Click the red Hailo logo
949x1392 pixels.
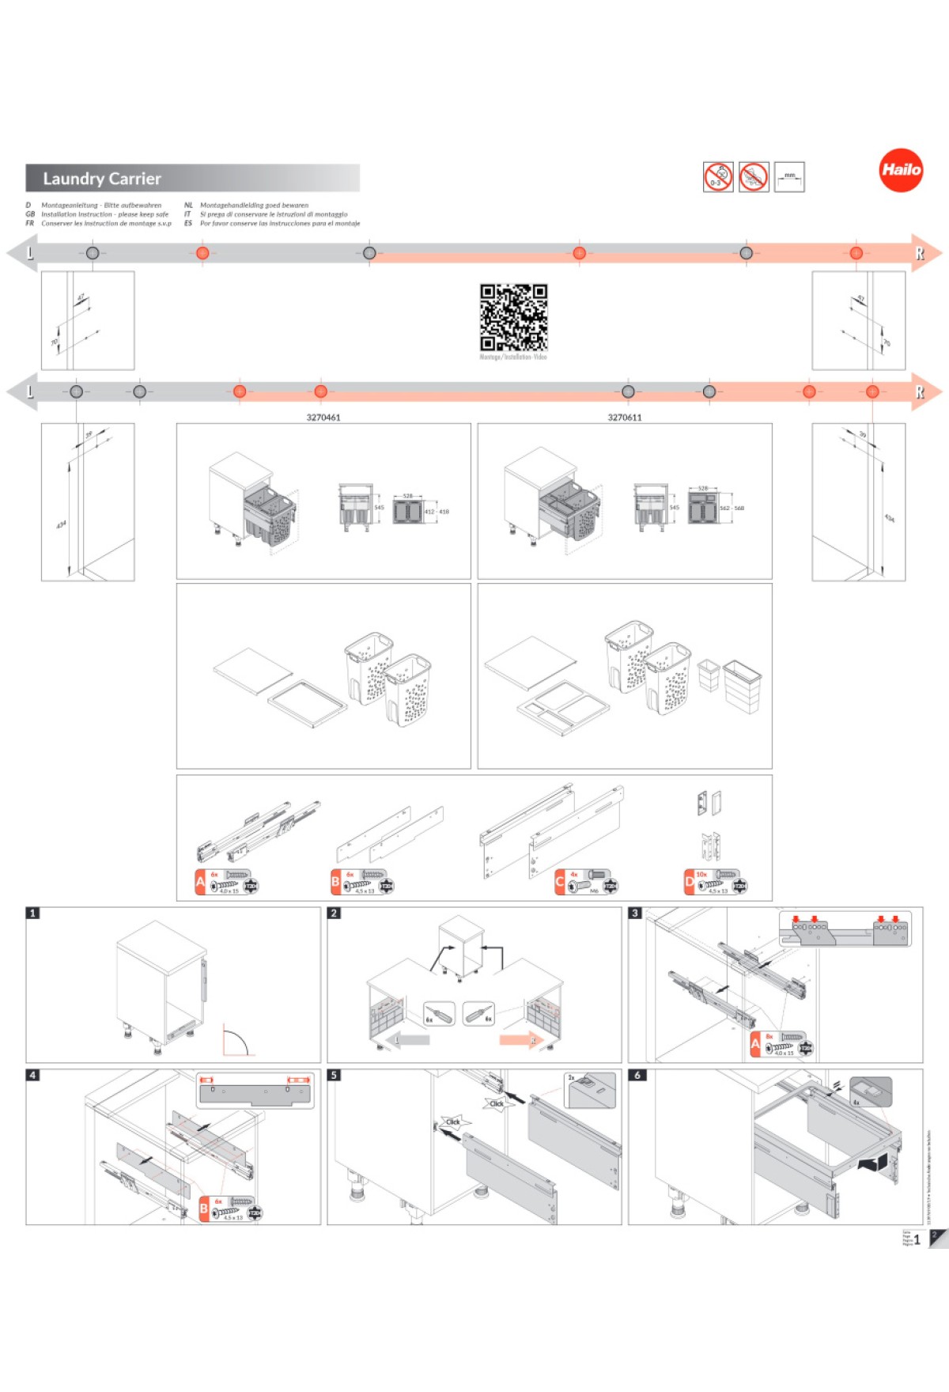(x=901, y=170)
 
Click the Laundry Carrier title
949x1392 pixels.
(x=102, y=179)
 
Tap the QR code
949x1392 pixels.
(x=513, y=317)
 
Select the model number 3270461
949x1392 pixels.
(x=323, y=418)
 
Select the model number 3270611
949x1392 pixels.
(x=625, y=418)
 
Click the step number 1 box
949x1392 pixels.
(x=32, y=913)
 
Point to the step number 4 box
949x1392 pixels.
(x=32, y=1075)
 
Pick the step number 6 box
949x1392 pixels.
(x=637, y=1075)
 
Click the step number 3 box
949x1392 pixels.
(x=635, y=913)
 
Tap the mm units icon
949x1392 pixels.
(x=789, y=177)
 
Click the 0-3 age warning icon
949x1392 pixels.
(x=718, y=177)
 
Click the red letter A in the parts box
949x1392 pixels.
(x=201, y=882)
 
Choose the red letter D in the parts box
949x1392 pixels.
(x=690, y=882)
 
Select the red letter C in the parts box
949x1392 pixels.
(x=560, y=882)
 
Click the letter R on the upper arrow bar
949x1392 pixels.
(x=920, y=253)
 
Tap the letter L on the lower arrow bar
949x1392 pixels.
(x=31, y=391)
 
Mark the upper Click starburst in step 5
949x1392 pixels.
(x=497, y=1103)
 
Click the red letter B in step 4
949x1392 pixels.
(x=204, y=1209)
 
